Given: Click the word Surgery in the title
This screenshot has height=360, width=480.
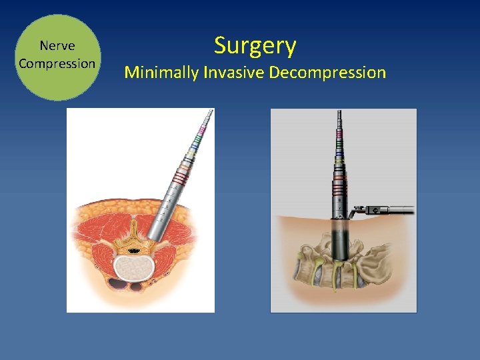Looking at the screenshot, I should coord(255,46).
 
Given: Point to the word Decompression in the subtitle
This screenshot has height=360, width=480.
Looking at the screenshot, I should coord(327,72).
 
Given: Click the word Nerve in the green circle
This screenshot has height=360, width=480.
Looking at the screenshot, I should coord(57,46).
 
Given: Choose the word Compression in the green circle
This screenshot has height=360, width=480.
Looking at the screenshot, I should coord(57,64).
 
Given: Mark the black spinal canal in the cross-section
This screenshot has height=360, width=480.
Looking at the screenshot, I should coord(134,251).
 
